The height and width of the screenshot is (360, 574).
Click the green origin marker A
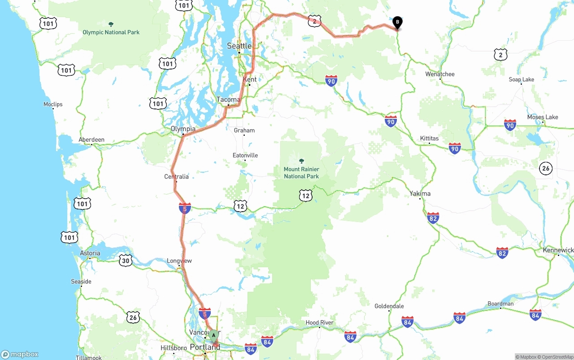[214, 334]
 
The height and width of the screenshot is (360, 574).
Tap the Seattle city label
[239, 46]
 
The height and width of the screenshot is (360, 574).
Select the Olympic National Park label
[111, 32]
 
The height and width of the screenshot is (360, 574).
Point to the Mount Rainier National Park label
[301, 173]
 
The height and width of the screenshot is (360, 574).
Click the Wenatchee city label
[440, 74]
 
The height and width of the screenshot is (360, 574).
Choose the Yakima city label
[420, 194]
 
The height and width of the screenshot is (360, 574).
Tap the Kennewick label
[558, 250]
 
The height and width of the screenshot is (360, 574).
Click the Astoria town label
[90, 253]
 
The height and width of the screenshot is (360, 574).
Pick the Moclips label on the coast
[53, 104]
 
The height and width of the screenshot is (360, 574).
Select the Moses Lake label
[543, 117]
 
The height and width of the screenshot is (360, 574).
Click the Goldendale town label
[389, 306]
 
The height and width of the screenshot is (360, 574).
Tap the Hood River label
[319, 323]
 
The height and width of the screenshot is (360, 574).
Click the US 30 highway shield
[126, 260]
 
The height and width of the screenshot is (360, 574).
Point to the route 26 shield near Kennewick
[546, 169]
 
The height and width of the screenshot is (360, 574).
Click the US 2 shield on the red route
[315, 21]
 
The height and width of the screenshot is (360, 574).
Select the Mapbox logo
[20, 354]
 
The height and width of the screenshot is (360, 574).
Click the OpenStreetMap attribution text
[557, 357]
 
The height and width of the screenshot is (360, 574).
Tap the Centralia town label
[176, 177]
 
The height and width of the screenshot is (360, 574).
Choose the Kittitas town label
[429, 138]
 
